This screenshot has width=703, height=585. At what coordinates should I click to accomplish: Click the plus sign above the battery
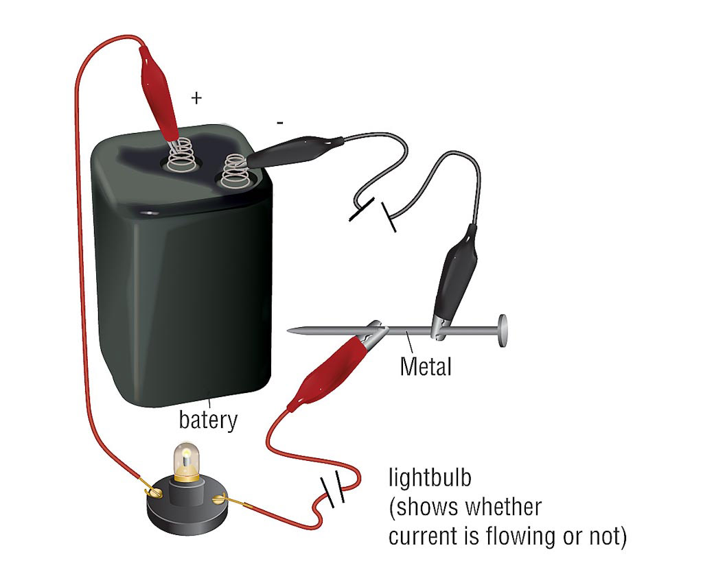[x=197, y=98]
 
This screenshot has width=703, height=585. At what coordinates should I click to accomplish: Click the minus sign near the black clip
[x=279, y=123]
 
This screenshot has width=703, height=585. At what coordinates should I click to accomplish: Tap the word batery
[x=208, y=419]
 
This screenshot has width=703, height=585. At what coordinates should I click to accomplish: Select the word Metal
[x=426, y=366]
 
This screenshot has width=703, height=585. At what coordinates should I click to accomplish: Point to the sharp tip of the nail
[x=291, y=331]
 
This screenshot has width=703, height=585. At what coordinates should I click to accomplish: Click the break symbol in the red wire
[x=332, y=492]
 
